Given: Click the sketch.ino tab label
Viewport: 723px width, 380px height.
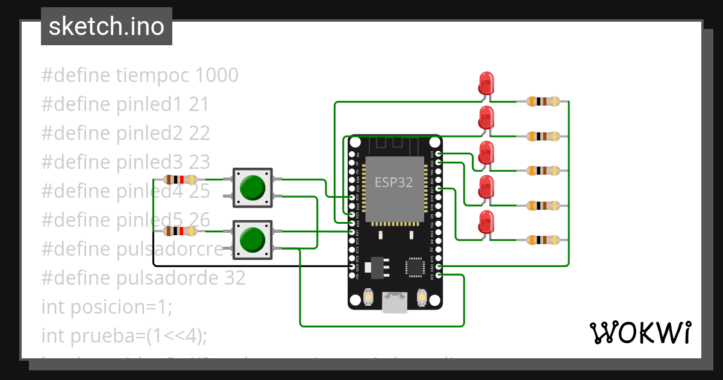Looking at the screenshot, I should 107,27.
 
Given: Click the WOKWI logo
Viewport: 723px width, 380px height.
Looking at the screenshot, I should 639,332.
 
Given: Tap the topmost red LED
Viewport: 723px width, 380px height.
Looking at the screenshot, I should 486,83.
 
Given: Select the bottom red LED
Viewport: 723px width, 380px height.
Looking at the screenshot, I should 486,223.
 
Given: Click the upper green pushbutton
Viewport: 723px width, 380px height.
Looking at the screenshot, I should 252,186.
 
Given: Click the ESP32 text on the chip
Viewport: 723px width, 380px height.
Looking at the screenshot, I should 393,182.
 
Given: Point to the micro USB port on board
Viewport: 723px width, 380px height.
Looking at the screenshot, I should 395,303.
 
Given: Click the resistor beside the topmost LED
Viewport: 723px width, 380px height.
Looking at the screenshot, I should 544,101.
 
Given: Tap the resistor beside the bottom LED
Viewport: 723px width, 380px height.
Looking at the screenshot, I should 544,240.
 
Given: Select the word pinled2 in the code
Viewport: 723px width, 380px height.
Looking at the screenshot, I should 149,133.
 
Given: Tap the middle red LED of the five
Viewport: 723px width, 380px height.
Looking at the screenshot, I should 486,153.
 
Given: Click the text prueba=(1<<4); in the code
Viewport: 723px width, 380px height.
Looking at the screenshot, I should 139,335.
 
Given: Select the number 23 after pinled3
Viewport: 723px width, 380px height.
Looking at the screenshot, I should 199,162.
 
